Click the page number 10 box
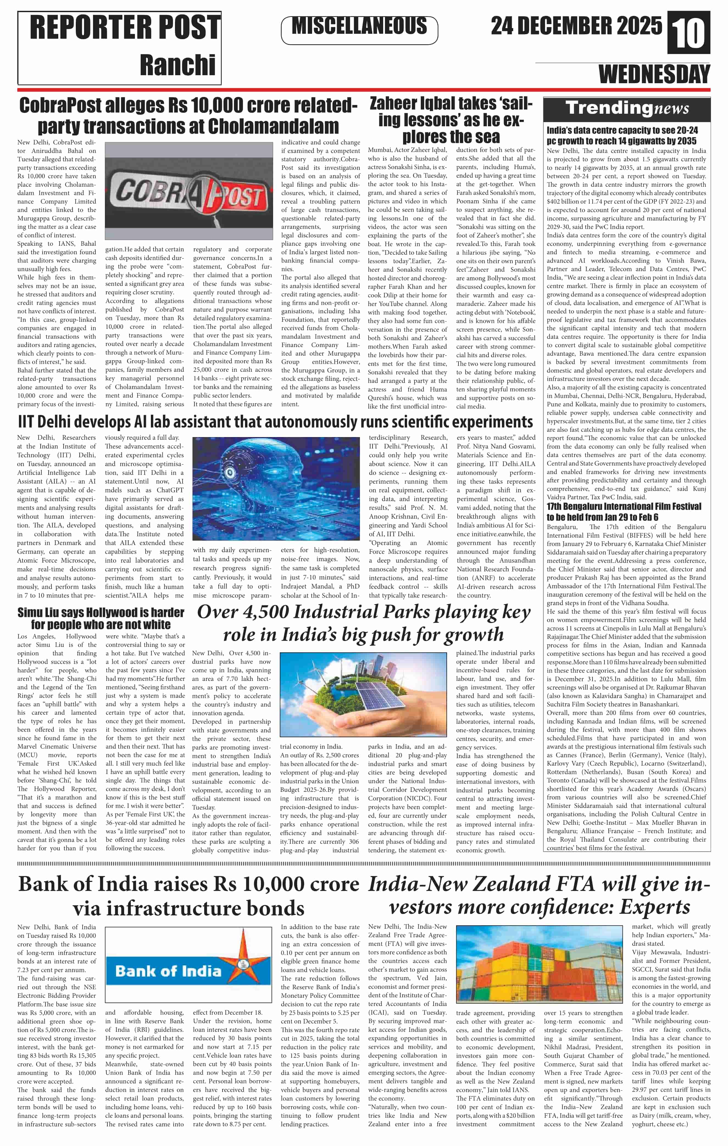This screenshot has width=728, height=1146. coord(689,32)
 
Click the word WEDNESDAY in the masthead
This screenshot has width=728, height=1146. coord(654,75)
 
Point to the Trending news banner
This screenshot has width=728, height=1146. coord(627,109)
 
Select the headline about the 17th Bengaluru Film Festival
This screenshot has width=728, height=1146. coord(624,511)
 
